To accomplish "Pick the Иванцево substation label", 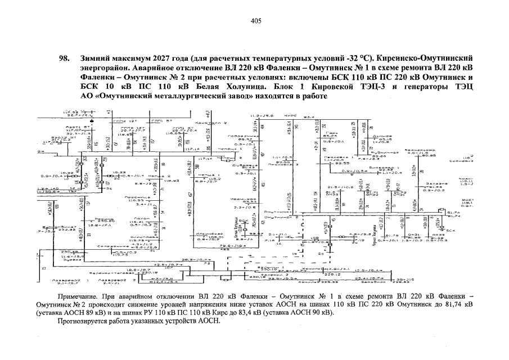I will [x=239, y=199].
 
